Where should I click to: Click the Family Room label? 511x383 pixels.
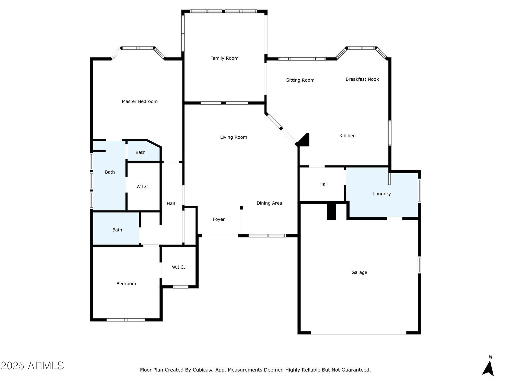(224, 58)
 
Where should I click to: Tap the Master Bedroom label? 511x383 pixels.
(140, 101)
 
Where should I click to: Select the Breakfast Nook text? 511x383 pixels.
(362, 79)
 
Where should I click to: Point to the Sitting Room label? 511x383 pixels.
(300, 80)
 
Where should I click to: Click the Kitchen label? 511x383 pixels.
(347, 136)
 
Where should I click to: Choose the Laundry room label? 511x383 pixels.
(382, 194)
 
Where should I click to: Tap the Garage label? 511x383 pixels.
(359, 272)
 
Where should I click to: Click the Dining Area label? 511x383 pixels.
(269, 203)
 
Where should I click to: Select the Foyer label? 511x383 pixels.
(218, 219)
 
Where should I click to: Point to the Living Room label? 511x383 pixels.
(233, 137)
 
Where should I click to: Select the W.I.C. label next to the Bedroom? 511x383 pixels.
(178, 267)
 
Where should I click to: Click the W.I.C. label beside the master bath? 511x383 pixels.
(143, 187)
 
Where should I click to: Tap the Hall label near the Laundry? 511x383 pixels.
(323, 184)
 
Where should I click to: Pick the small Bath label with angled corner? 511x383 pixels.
(140, 152)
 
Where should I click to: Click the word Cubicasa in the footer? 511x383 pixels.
(203, 370)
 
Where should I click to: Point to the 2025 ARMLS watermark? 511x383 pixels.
(32, 366)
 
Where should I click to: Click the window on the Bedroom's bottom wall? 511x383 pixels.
(126, 320)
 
